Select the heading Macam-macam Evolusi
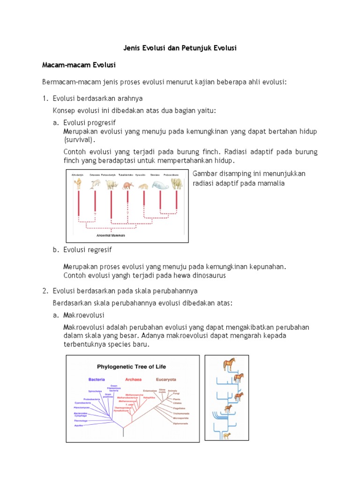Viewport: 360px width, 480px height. [x=79, y=64]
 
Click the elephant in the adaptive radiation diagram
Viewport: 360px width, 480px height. [x=177, y=183]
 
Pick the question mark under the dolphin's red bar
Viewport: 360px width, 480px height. [x=95, y=214]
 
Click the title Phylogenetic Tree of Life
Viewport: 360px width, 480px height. [x=131, y=366]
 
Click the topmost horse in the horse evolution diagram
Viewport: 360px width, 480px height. [x=229, y=363]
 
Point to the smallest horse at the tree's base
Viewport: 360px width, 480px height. [x=226, y=435]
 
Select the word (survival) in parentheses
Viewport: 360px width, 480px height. [x=79, y=140]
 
